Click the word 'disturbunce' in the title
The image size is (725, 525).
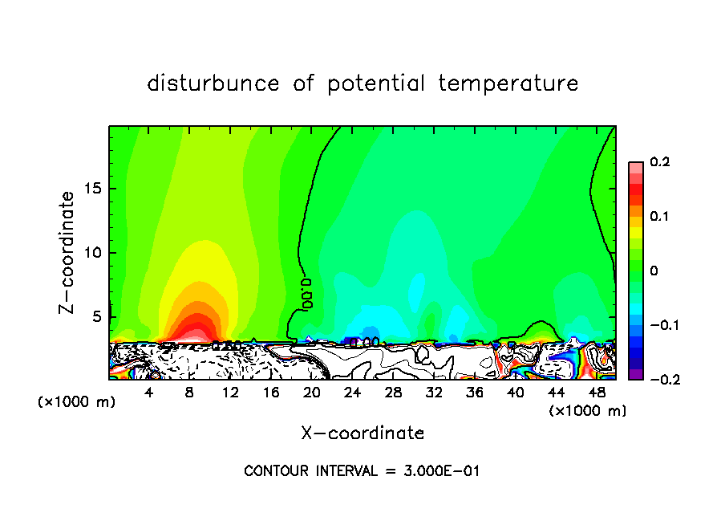point(214,83)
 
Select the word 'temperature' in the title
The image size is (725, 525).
point(508,83)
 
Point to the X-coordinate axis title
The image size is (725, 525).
point(362,433)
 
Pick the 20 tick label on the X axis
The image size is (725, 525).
point(312,393)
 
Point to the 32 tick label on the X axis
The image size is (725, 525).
point(434,393)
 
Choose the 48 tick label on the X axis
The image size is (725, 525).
point(597,393)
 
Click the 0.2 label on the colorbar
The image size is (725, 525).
point(660,162)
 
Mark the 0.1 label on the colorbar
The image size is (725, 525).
point(660,217)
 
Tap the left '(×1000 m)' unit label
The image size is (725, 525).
point(77,402)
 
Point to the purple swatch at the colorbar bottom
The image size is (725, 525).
point(635,373)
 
